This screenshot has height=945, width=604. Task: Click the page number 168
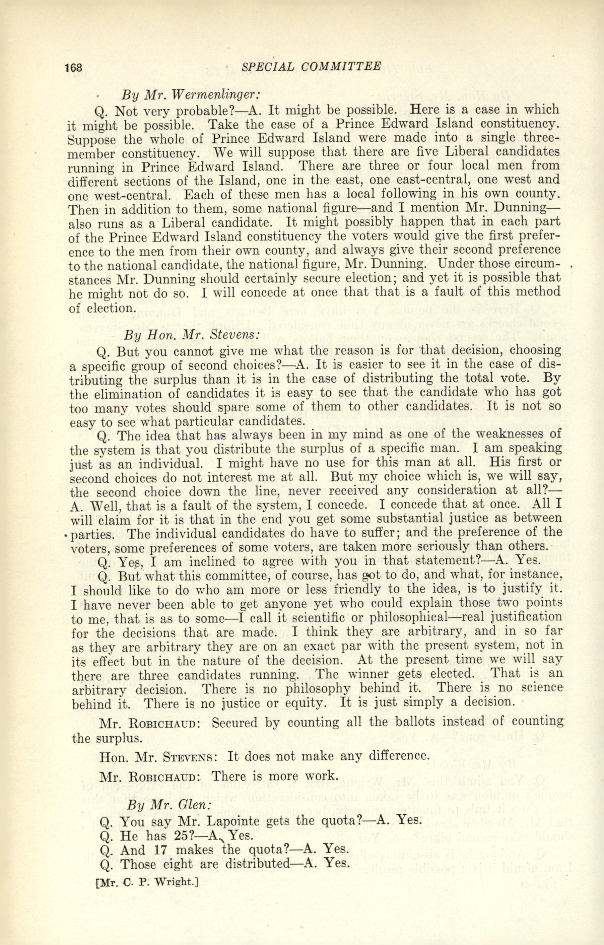73,67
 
